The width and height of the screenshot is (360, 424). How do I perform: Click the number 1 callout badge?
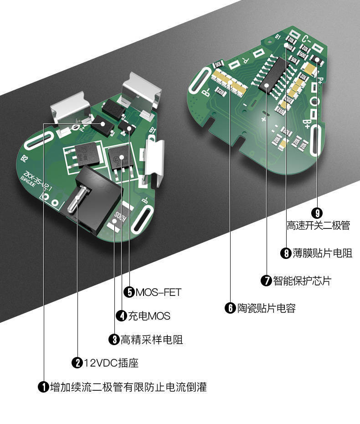click(43, 388)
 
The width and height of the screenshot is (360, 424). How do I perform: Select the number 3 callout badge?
click(114, 339)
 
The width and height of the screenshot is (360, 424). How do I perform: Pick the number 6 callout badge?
click(230, 308)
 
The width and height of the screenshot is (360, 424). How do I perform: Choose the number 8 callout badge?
click(286, 253)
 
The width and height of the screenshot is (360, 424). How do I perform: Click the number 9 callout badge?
click(317, 213)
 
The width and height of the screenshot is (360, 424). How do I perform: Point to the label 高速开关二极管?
click(318, 225)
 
